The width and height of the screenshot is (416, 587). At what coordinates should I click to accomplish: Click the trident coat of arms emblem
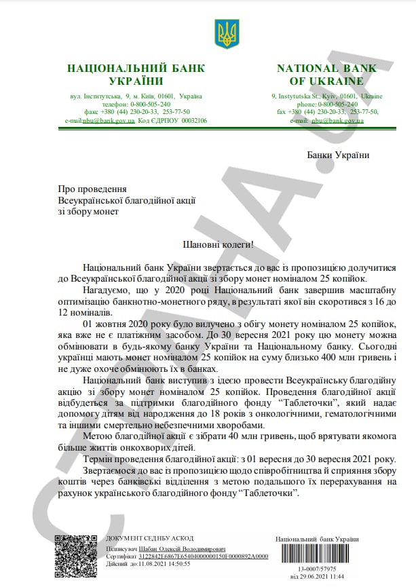click(225, 33)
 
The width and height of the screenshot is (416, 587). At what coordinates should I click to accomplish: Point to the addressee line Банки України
click(338, 155)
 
